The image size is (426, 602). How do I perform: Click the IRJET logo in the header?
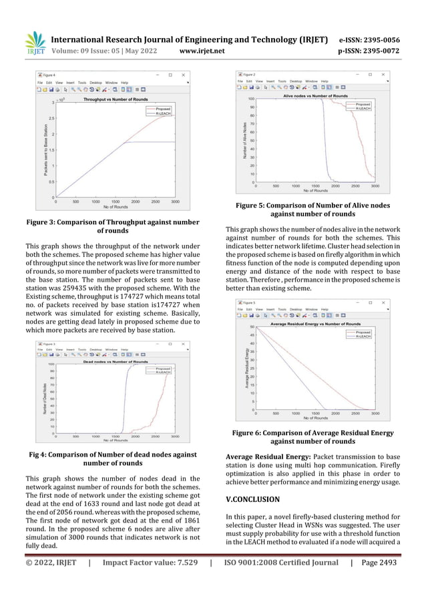tap(34, 43)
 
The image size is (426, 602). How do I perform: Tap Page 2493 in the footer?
tap(379, 563)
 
